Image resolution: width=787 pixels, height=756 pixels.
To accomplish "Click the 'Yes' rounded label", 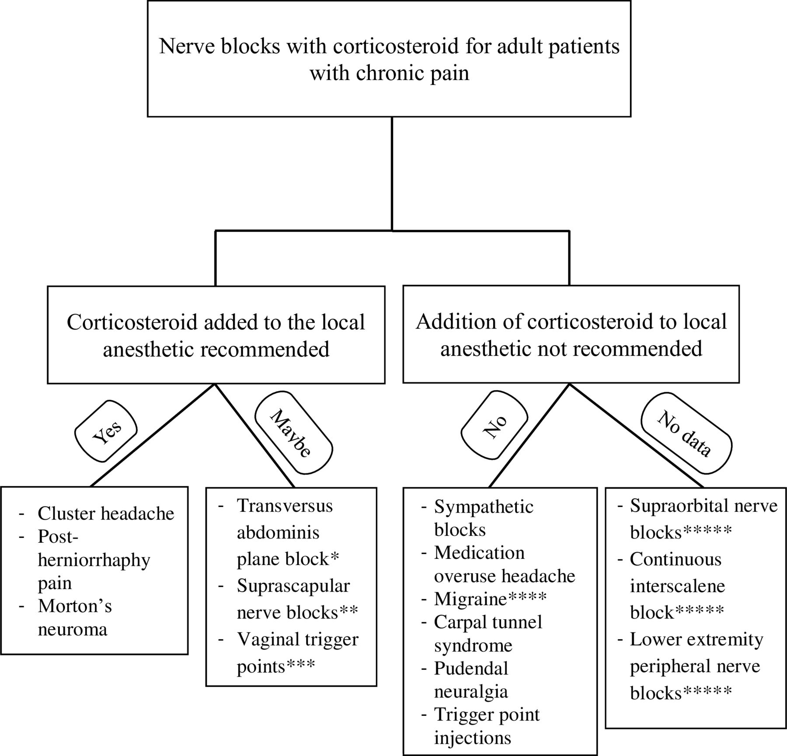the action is pos(106,433).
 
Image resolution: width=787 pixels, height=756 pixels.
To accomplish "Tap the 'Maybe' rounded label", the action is pos(293,433).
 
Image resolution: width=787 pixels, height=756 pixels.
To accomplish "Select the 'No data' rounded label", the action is pos(686,433).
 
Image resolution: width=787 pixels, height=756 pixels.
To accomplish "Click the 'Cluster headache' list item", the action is pos(106,513).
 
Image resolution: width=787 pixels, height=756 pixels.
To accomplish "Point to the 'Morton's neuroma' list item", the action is pos(75,617).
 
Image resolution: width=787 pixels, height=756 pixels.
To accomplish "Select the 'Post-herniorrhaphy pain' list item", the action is pos(94,560).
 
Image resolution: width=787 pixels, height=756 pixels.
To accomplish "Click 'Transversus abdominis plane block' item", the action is pos(288,532).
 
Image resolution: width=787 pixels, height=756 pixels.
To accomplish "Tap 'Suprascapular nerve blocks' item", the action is pos(297,599).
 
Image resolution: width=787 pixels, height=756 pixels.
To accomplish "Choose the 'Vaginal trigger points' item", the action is pos(297,653).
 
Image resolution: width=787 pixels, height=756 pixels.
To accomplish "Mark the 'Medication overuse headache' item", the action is pos(505,564).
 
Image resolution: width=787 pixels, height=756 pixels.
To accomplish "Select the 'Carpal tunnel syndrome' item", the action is pos(488,634).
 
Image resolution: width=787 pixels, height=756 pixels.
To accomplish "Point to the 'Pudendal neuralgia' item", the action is pos(471,680).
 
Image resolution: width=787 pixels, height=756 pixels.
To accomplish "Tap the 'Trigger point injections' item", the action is pos(487,726).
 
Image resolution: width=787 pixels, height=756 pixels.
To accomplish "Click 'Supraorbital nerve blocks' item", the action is pos(703,519).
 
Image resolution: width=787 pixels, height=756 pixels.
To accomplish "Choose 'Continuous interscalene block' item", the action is pos(677,586).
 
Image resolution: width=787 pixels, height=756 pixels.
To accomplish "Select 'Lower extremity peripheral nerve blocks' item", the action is pos(696,666).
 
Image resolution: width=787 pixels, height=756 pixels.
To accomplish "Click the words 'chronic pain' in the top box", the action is pos(412,73).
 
